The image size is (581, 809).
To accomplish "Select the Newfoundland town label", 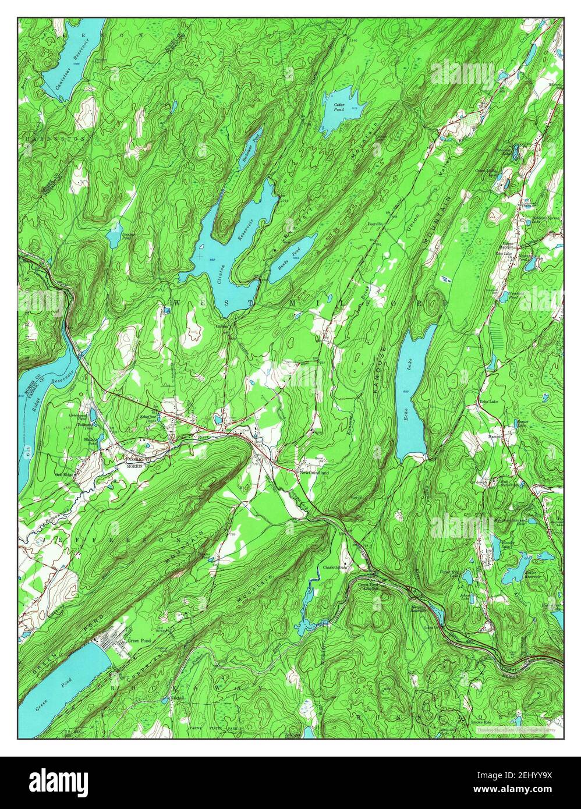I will point(314,473).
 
